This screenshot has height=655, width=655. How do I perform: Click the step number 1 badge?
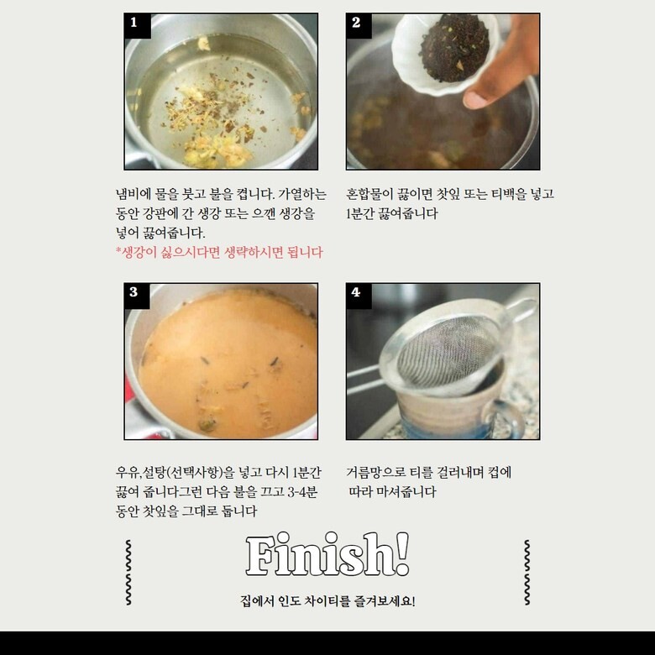click(138, 26)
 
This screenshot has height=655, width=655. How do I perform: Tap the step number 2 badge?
click(359, 26)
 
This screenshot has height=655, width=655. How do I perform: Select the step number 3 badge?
click(137, 296)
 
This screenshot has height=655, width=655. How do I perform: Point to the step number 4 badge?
click(359, 296)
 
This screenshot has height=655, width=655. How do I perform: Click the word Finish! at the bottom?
click(327, 555)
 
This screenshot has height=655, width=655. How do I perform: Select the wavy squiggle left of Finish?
click(128, 573)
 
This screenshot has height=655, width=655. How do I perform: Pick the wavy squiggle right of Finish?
click(527, 573)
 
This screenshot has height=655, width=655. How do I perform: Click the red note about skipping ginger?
click(219, 252)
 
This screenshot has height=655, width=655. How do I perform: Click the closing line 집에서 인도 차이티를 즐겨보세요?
click(327, 601)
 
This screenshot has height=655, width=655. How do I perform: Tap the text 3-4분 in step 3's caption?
click(302, 491)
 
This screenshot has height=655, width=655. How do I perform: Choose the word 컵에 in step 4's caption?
click(499, 473)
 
